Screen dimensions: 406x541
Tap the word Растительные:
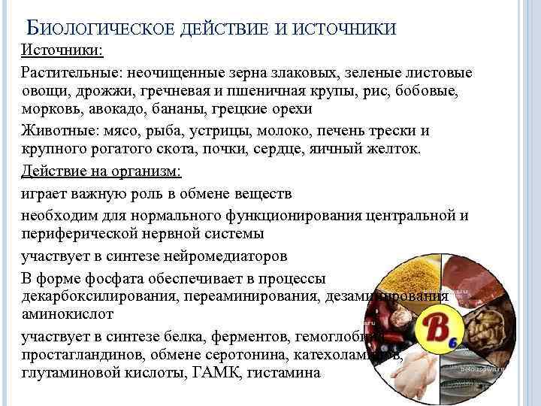[71, 73]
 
